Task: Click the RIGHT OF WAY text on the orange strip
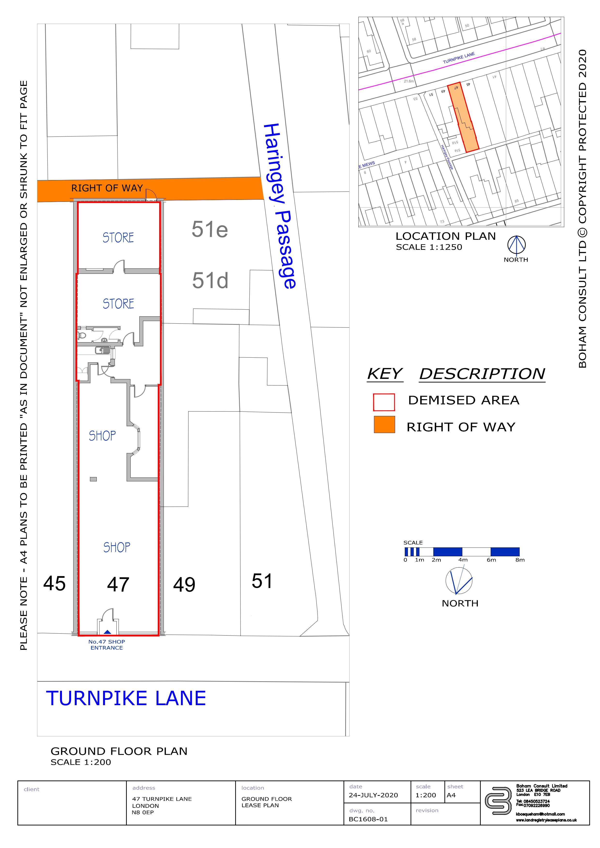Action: coord(107,188)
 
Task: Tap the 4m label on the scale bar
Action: coord(463,560)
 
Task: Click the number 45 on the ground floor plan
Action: coord(54,584)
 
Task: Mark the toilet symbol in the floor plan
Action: coord(82,335)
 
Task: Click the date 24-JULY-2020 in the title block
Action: coord(373,795)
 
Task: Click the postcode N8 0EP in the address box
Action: coord(143,812)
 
